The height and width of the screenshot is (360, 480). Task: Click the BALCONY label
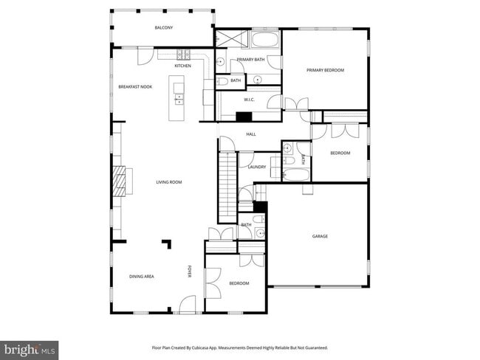[163, 28]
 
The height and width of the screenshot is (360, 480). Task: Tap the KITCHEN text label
[182, 66]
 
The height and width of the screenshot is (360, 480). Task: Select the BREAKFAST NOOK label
[135, 87]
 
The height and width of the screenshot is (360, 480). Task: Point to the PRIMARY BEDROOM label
[326, 70]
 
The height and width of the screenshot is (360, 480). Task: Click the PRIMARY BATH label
[250, 59]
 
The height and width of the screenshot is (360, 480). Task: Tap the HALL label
[250, 134]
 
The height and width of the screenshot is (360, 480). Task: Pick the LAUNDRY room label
[256, 167]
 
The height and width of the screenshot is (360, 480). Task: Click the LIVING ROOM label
[168, 182]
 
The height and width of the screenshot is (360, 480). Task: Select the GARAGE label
[320, 236]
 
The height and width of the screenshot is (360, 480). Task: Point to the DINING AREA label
[141, 276]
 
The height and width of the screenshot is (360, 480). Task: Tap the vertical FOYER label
[189, 271]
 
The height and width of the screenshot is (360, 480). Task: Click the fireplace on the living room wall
[118, 180]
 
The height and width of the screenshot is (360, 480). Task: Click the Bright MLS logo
[30, 348]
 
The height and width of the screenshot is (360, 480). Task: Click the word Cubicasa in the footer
[210, 347]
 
